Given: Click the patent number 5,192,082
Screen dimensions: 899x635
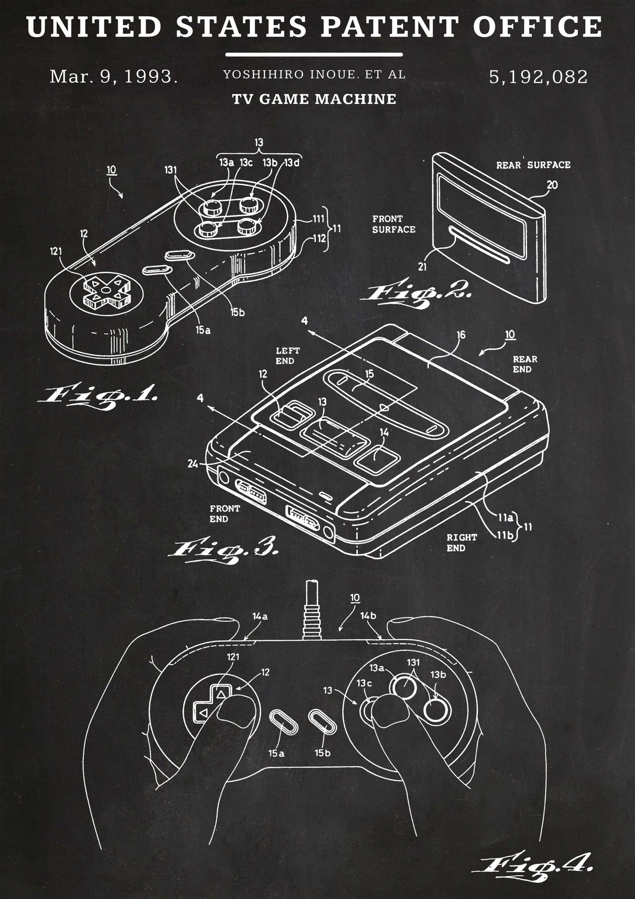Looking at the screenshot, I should [x=538, y=77].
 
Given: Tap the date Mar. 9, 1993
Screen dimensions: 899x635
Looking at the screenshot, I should [x=113, y=77].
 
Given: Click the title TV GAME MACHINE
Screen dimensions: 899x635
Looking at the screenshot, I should [x=314, y=99].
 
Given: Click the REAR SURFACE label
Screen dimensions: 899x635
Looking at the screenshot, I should [x=533, y=165].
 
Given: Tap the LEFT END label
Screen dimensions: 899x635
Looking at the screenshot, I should [x=288, y=356].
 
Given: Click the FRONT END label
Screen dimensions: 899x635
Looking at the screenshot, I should [x=225, y=513].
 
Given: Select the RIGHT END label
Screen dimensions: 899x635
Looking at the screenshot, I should [x=461, y=542].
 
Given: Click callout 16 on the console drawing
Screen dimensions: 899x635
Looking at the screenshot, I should [x=460, y=335].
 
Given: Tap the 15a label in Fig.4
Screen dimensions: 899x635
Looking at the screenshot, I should [x=276, y=753].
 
